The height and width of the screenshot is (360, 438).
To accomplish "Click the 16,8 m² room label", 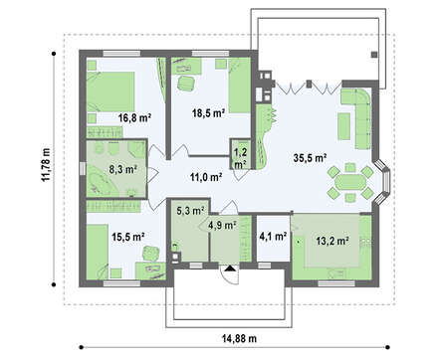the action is (135, 117).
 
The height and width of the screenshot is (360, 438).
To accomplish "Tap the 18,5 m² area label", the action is (209, 113).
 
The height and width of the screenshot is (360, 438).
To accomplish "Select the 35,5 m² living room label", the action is (310, 158).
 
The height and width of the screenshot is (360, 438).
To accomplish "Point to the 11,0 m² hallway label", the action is (206, 177).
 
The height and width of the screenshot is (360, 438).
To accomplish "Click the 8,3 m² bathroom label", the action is (123, 170).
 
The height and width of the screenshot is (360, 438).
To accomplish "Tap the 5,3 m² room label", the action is (190, 211).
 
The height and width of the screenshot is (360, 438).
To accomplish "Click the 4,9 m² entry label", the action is (222, 226).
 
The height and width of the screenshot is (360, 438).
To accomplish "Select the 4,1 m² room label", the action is (273, 237).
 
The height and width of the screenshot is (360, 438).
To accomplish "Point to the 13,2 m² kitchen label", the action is (332, 241).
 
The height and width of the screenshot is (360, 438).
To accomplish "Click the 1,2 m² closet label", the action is (240, 158).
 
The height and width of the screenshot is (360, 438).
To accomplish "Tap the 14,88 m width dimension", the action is (239, 339).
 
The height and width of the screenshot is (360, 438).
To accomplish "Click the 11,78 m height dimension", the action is (46, 164).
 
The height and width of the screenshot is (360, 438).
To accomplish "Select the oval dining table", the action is (349, 182).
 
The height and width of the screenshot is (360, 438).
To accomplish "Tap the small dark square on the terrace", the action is (374, 55).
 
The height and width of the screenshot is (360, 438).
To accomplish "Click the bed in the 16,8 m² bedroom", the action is (110, 91).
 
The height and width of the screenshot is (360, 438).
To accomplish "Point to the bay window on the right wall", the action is (383, 182).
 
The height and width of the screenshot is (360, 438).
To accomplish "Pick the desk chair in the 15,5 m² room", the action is (150, 253).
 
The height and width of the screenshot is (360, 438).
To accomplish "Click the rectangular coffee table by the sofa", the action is (344, 126).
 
